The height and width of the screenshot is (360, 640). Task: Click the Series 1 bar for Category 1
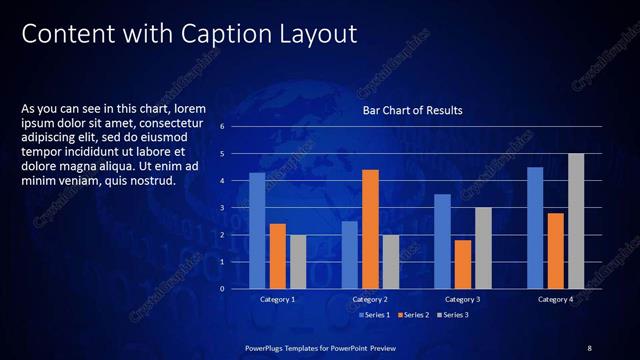pyautogui.click(x=257, y=231)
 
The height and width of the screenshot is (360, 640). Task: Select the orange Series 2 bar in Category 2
pyautogui.click(x=370, y=229)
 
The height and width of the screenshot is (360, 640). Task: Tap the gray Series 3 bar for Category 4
pyautogui.click(x=576, y=221)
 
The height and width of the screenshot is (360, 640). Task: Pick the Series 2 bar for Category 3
pyautogui.click(x=463, y=264)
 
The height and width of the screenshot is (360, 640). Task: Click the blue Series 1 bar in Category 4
pyautogui.click(x=535, y=227)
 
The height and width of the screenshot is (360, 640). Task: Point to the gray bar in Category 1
pyautogui.click(x=297, y=262)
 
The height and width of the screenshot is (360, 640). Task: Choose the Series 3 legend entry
pyautogui.click(x=454, y=315)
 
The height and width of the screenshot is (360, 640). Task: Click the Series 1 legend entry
pyautogui.click(x=375, y=315)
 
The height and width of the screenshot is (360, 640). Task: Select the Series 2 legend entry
pyautogui.click(x=414, y=315)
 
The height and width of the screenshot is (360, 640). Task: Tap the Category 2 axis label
pyautogui.click(x=370, y=299)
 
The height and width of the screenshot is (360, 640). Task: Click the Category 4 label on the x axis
pyautogui.click(x=555, y=299)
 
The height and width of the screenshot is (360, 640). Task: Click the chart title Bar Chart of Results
pyautogui.click(x=412, y=110)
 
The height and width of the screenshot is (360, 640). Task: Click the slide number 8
pyautogui.click(x=589, y=347)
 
